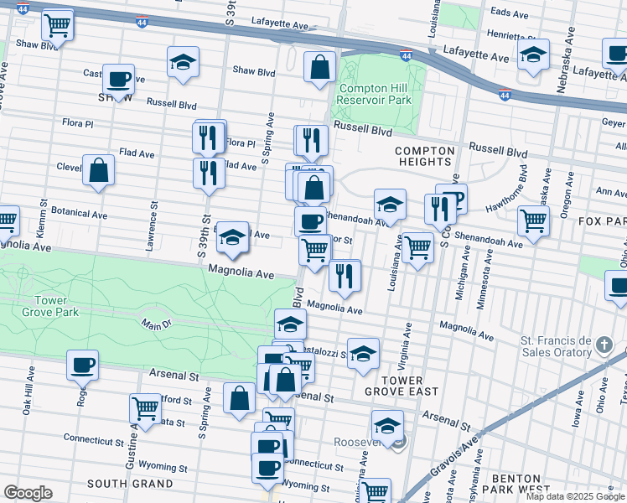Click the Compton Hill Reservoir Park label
click(x=376, y=94)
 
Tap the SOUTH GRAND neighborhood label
click(x=130, y=484)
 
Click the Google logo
click(x=28, y=493)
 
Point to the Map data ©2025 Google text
click(x=574, y=496)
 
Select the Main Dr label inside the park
click(x=150, y=324)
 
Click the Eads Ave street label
click(x=509, y=13)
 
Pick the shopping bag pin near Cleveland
click(x=99, y=170)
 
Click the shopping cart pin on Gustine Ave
click(x=145, y=408)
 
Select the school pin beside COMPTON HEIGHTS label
click(x=389, y=204)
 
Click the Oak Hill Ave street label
click(x=28, y=393)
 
